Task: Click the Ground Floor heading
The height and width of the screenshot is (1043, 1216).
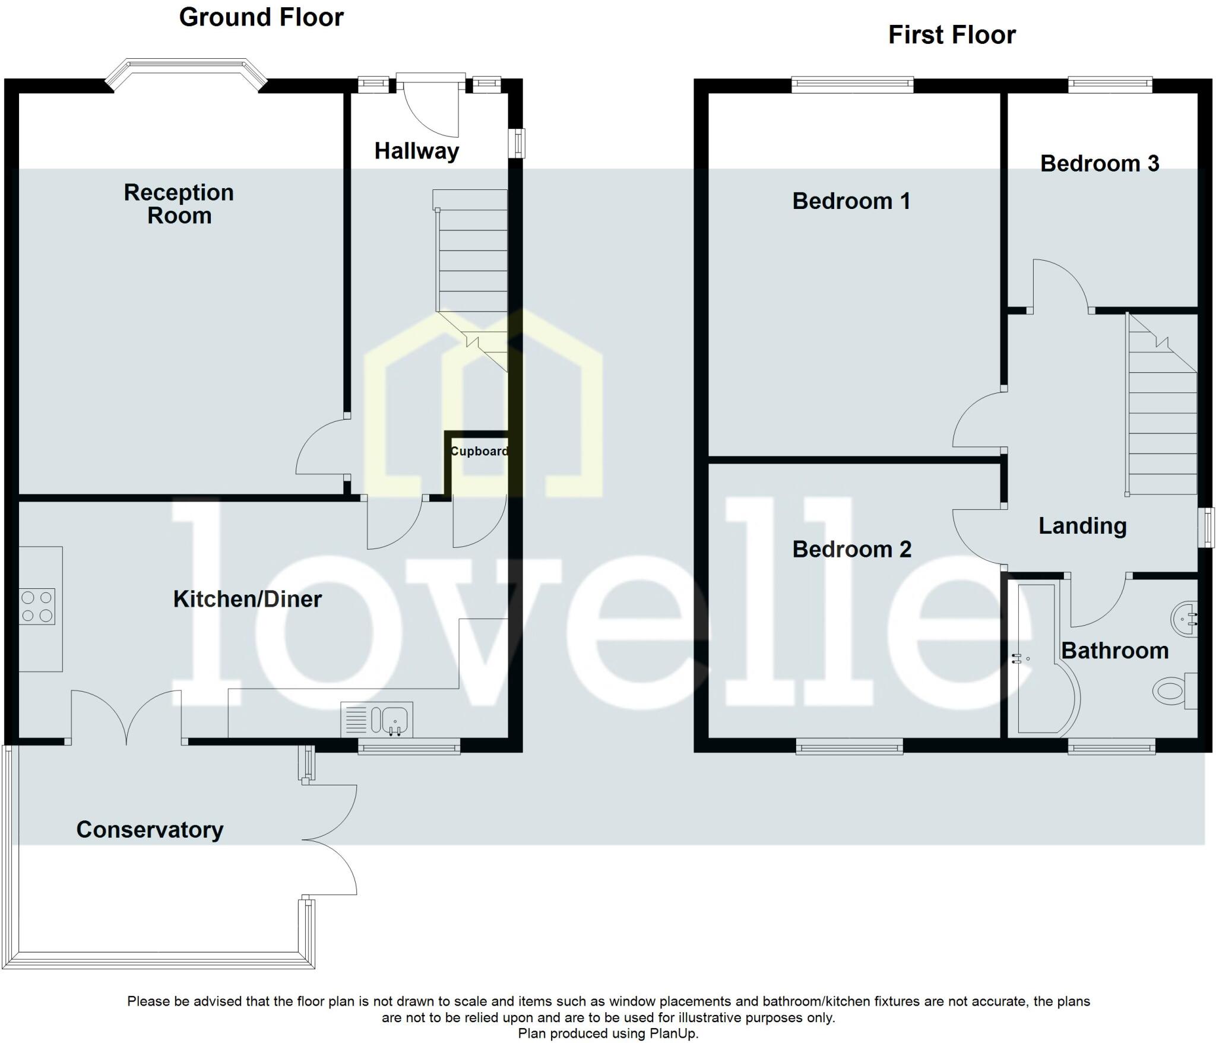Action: point(261,17)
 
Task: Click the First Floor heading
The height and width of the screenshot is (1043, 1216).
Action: point(952,35)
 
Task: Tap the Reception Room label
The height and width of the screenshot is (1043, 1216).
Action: point(179,204)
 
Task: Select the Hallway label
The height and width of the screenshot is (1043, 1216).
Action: point(416,151)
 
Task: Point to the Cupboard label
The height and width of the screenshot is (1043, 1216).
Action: point(479,451)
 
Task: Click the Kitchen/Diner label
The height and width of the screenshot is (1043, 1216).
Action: point(247,599)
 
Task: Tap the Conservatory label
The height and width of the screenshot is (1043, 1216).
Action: point(150,829)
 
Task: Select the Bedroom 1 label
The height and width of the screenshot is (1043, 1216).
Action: point(851,201)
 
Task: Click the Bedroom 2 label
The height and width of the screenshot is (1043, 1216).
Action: point(851,550)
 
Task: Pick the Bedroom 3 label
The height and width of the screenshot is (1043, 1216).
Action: point(1099,164)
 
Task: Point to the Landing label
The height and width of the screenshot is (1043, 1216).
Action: point(1082,526)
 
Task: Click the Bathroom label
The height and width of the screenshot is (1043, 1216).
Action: point(1114,651)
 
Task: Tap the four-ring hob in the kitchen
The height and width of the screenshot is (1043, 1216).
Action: point(37,606)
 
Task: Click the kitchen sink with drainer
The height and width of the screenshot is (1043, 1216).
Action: point(376,719)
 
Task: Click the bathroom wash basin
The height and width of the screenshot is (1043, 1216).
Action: point(1185,619)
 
